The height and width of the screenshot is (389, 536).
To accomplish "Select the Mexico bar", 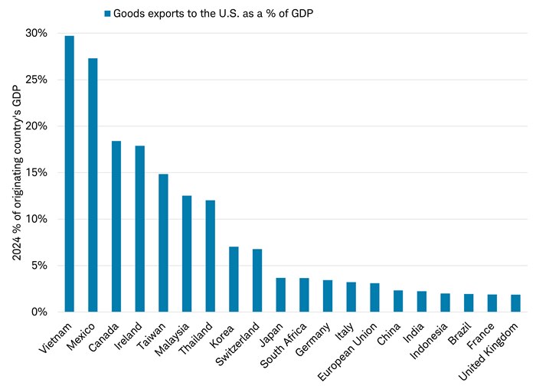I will [x=93, y=185].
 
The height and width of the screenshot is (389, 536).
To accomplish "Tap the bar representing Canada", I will [x=116, y=226].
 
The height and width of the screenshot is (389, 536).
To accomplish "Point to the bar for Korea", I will [x=234, y=279].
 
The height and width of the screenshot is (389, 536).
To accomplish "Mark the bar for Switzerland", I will [x=257, y=280].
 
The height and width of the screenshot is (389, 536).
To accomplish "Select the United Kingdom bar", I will [x=515, y=303].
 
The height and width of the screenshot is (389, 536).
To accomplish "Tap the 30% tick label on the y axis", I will [x=36, y=33].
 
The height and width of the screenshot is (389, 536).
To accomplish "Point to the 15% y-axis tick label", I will [x=36, y=172].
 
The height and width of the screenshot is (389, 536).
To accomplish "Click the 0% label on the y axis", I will [x=39, y=312].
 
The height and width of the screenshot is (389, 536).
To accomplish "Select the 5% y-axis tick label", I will [x=39, y=266].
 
